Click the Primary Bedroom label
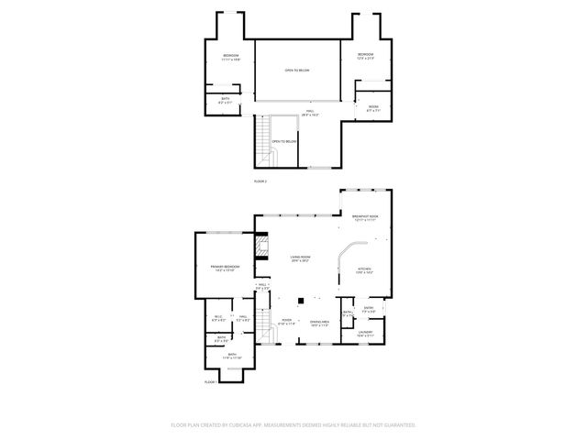click(x=212, y=268)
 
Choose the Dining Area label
click(x=319, y=324)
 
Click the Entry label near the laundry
click(x=367, y=309)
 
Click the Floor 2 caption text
click(x=260, y=181)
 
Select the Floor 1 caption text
click(x=211, y=380)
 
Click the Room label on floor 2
click(x=373, y=108)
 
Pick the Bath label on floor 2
click(x=226, y=101)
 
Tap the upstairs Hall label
click(x=309, y=114)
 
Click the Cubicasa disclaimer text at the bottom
click(x=293, y=424)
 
